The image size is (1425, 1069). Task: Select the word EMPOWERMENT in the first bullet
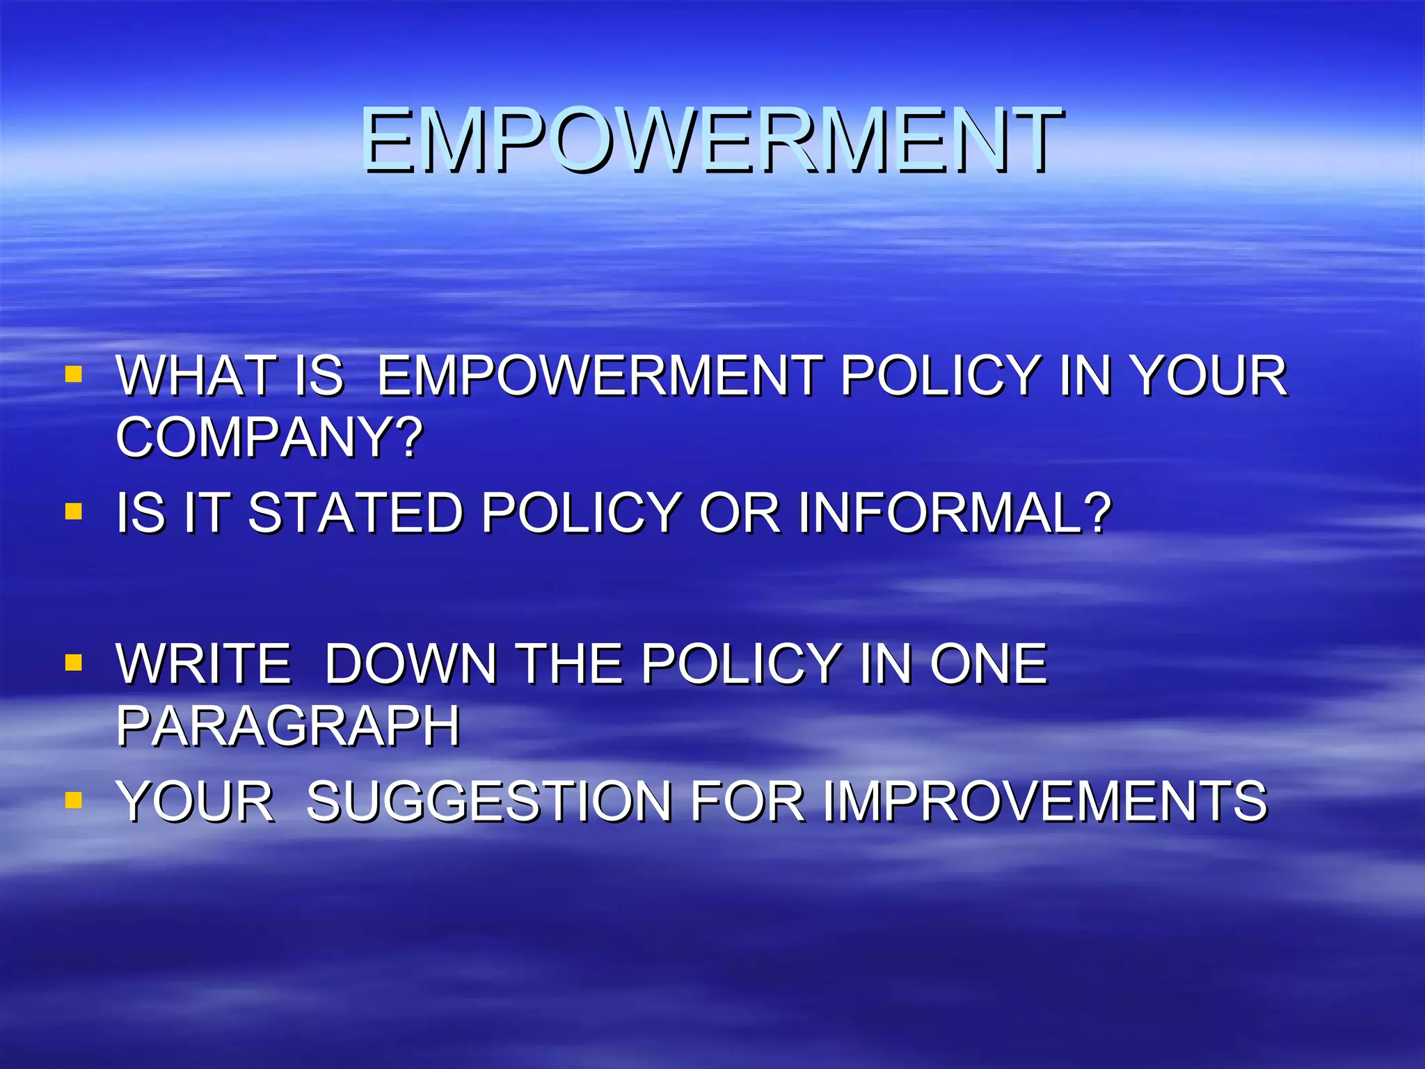tap(600, 376)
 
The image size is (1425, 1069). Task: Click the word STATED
tap(355, 513)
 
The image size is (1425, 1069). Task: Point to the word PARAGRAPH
tap(288, 726)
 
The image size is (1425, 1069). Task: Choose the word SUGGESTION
tap(489, 801)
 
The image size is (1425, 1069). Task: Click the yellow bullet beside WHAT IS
tap(73, 376)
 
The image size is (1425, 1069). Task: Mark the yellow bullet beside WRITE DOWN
tap(73, 662)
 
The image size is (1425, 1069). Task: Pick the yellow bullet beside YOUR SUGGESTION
tap(73, 800)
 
